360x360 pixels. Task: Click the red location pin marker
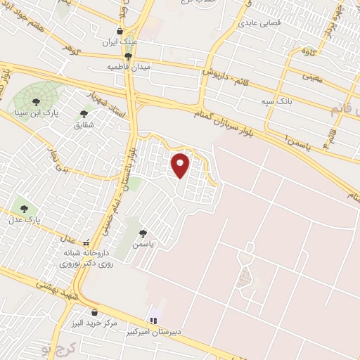(x=181, y=165)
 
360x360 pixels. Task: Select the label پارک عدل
(x=25, y=219)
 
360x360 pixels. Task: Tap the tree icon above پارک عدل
(x=25, y=209)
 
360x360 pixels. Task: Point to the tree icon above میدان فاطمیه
(x=127, y=56)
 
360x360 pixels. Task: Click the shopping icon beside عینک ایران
(x=120, y=32)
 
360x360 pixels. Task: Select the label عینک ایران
(x=120, y=41)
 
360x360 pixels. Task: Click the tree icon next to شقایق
(x=84, y=114)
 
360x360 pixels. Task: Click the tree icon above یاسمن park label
(x=143, y=233)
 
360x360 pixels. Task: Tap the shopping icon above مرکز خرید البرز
(x=94, y=313)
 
